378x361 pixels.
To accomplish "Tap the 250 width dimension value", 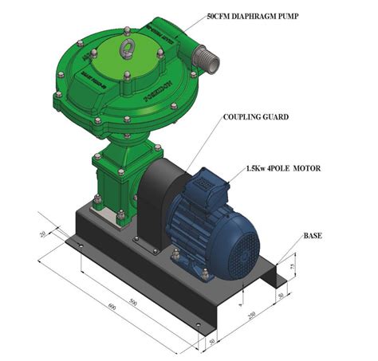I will point(252,316).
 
